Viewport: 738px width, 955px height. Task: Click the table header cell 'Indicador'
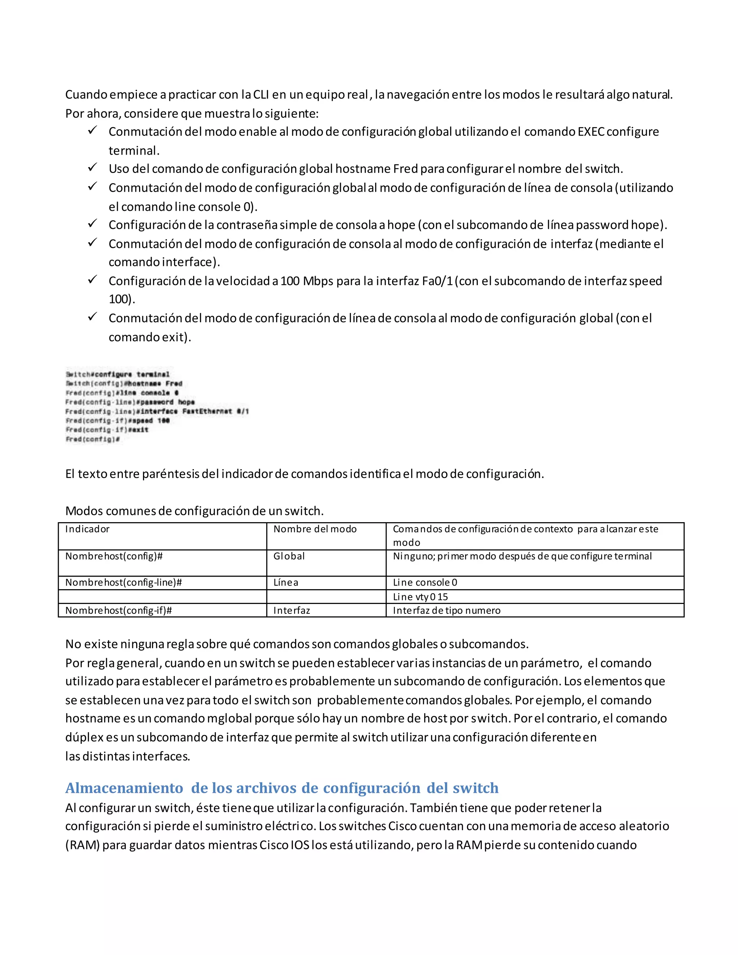point(88,529)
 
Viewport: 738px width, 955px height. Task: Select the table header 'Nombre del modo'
point(315,529)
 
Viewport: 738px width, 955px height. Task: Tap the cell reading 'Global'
point(289,556)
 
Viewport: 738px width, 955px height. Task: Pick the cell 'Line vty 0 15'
point(420,597)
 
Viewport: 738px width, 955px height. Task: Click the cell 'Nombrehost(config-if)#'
point(119,610)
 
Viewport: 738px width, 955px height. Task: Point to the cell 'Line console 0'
point(425,582)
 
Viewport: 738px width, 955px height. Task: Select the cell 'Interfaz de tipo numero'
point(446,610)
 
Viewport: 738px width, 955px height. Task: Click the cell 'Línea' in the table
point(285,582)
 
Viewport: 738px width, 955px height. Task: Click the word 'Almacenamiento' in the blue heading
point(124,788)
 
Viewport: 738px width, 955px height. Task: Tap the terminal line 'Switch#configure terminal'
point(117,374)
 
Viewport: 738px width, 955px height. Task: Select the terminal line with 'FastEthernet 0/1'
point(157,412)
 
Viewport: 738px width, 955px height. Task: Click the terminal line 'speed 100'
point(117,421)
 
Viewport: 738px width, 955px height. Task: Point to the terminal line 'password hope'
point(130,402)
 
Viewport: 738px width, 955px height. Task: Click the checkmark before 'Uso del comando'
point(92,167)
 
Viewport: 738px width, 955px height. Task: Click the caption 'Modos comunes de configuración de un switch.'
point(194,511)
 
